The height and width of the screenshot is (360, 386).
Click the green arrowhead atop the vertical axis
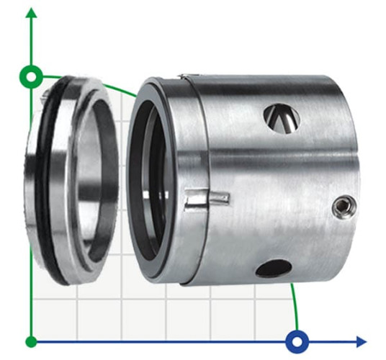[x=31, y=14]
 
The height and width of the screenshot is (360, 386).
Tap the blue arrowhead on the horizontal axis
[x=360, y=341]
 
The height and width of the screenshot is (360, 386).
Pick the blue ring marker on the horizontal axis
[x=297, y=341]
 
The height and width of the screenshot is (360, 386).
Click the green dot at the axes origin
[x=31, y=341]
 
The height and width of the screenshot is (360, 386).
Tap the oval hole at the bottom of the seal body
[x=274, y=268]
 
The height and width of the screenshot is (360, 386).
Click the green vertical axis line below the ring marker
[x=31, y=216]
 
